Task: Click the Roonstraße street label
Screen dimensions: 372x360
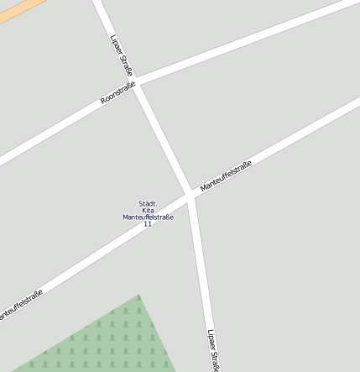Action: pos(117,92)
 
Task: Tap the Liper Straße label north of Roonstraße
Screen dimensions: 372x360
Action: pos(123,55)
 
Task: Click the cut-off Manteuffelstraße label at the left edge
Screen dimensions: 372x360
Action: pos(18,305)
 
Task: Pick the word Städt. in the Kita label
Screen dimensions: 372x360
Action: pos(148,203)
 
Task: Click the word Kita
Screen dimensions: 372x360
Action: pos(148,210)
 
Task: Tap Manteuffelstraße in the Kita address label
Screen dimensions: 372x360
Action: pos(148,217)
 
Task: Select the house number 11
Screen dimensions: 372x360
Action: pos(148,224)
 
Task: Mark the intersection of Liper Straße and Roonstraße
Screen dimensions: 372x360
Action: pos(138,83)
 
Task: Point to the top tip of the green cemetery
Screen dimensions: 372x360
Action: pos(138,296)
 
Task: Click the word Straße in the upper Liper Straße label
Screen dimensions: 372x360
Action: pos(127,63)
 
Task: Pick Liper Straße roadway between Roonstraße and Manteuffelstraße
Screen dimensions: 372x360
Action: pos(164,139)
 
